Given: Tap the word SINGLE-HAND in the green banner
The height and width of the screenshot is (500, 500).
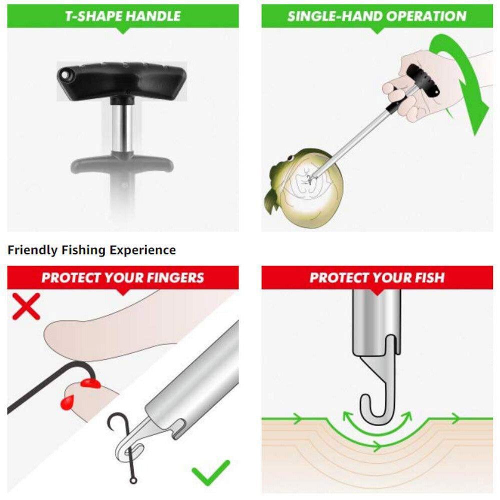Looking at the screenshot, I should point(326,16).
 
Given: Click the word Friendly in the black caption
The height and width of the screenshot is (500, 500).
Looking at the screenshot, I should point(32,250).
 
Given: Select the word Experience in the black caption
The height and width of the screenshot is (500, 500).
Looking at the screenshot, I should point(144,250).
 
